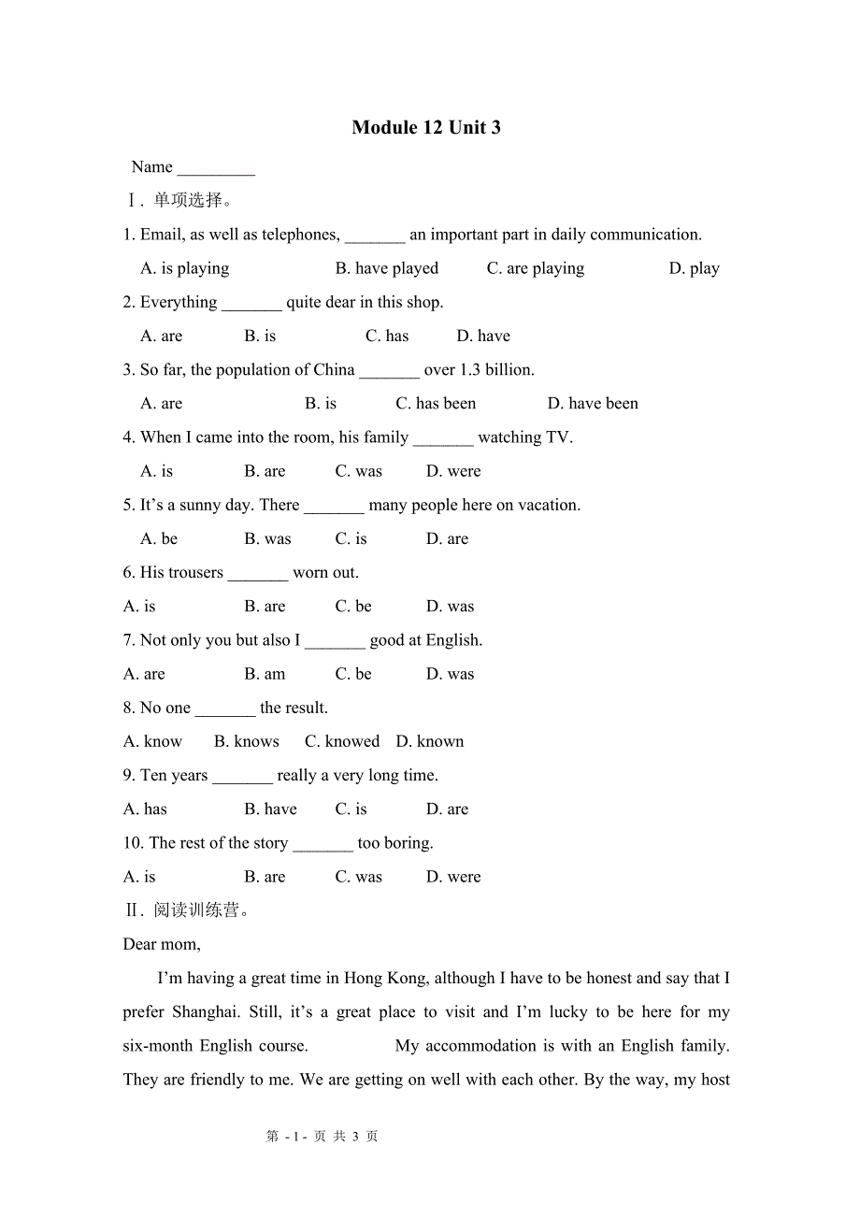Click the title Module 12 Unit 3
(426, 128)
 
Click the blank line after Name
(216, 169)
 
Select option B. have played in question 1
(387, 268)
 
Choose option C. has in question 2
(387, 336)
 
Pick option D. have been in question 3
(593, 404)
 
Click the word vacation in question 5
(547, 505)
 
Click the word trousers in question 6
(193, 572)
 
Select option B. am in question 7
(265, 674)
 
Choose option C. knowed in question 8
(342, 741)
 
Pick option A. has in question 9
(145, 809)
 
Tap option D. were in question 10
(453, 877)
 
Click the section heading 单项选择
(188, 200)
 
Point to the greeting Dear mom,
(162, 944)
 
